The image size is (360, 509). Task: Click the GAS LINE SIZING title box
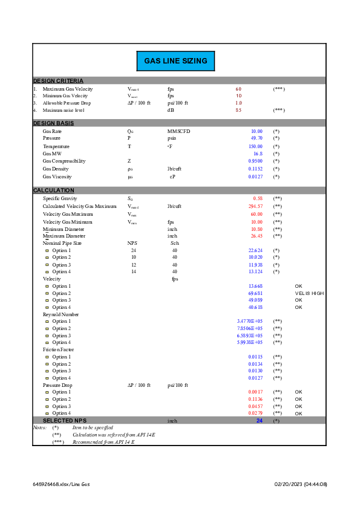pyautogui.click(x=175, y=61)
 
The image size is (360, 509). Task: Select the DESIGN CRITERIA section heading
pyautogui.click(x=58, y=81)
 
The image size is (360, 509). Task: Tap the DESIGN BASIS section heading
pyautogui.click(x=53, y=123)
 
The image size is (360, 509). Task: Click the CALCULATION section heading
pyautogui.click(x=54, y=190)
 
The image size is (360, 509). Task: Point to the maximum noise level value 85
pyautogui.click(x=238, y=111)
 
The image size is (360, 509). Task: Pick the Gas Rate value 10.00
pyautogui.click(x=257, y=131)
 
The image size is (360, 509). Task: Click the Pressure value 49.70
pyautogui.click(x=257, y=138)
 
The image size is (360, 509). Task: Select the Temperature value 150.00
pyautogui.click(x=255, y=146)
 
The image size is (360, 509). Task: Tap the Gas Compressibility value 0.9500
pyautogui.click(x=255, y=161)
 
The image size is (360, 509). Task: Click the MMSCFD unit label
pyautogui.click(x=178, y=131)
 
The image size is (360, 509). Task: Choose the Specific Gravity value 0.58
pyautogui.click(x=258, y=198)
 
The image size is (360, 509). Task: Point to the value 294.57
pyautogui.click(x=255, y=206)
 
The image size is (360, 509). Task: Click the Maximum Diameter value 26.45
pyautogui.click(x=257, y=236)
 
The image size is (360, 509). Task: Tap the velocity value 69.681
pyautogui.click(x=255, y=293)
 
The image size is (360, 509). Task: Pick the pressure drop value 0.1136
pyautogui.click(x=255, y=400)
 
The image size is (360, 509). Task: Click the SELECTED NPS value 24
pyautogui.click(x=259, y=421)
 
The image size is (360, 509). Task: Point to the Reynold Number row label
pyautogui.click(x=61, y=315)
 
